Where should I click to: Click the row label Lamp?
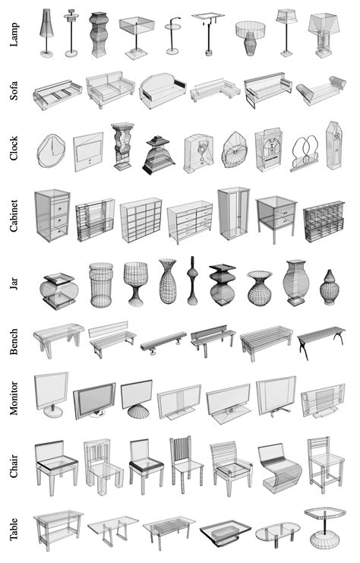14,35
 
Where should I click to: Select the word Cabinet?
14,216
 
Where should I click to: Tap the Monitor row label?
14,398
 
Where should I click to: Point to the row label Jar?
14,283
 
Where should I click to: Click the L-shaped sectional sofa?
215,90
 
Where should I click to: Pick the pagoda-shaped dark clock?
158,155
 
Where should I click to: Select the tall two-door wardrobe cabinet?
234,213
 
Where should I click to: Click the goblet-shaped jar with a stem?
136,283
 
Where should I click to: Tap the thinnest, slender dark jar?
192,280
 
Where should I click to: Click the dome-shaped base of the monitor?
139,411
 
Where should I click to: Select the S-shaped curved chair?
279,468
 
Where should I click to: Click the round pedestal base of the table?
325,540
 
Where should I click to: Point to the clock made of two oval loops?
305,153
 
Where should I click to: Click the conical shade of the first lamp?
46,23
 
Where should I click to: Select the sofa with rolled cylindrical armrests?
321,90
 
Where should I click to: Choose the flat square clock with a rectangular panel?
88,152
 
